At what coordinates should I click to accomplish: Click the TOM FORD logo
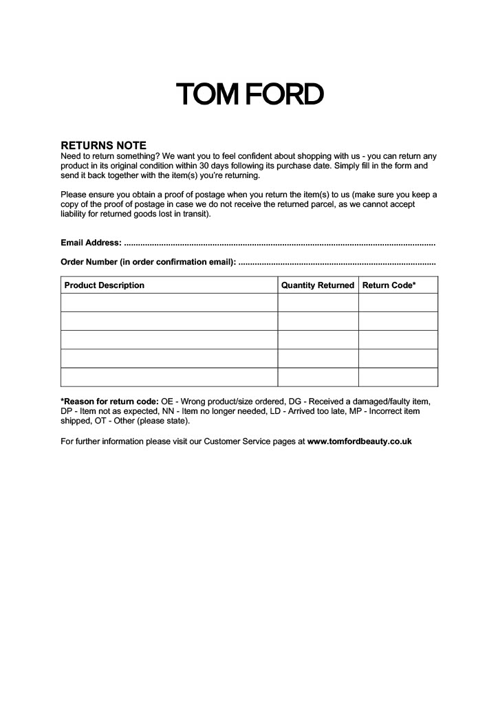pos(249,95)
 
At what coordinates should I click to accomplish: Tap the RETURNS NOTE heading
pos(103,146)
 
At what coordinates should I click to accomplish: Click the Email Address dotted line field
pos(279,243)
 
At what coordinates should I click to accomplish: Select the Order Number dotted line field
pos(336,262)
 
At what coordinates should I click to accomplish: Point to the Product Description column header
pos(105,285)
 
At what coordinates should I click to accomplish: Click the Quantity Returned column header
pos(318,285)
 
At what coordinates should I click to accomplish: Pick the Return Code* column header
pos(389,285)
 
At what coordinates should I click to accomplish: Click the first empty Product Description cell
pos(169,302)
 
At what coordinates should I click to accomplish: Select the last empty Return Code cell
pos(398,377)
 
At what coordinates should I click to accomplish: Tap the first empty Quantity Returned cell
pos(318,302)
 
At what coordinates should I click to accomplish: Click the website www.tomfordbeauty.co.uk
pos(359,441)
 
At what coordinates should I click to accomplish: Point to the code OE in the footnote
pos(167,401)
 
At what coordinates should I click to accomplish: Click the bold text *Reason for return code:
pos(109,401)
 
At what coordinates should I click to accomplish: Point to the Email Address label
pos(91,243)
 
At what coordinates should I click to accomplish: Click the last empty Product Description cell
pos(169,377)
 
